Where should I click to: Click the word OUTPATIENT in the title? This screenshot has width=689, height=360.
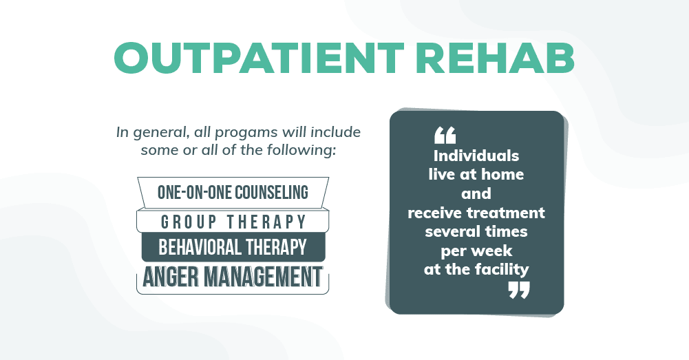coord(251,57)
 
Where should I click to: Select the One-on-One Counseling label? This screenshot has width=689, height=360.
coord(233,191)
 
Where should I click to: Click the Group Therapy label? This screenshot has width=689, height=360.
coord(233,222)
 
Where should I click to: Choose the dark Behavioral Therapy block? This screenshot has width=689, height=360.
coord(233,246)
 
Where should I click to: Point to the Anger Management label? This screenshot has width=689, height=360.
coord(233,277)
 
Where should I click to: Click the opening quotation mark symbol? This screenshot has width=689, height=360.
coord(445,136)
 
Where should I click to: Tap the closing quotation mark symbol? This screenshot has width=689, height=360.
coord(519,290)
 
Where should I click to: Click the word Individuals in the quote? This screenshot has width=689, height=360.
coord(476,156)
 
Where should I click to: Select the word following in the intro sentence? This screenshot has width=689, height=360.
coord(304,149)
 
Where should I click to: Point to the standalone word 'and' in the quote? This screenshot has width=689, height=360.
coord(476,193)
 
